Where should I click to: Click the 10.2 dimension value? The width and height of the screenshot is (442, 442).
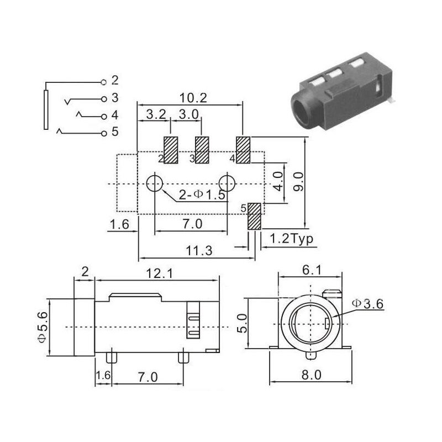193,98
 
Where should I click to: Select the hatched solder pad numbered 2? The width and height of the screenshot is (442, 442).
171,150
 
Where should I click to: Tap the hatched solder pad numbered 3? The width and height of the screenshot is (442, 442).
202,150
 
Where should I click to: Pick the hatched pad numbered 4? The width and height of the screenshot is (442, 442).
243,150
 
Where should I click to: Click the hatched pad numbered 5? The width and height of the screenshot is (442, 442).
254,216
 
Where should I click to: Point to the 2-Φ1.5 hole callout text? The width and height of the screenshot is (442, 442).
202,194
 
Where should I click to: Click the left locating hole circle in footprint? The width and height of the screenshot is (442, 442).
155,183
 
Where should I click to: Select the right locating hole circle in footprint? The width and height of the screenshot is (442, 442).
227,183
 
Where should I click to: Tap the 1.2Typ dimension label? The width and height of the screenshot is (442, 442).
292,239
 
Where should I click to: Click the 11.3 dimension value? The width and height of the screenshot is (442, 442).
199,251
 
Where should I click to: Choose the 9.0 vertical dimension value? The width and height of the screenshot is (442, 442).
298,182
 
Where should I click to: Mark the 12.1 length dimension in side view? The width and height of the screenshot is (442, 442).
160,273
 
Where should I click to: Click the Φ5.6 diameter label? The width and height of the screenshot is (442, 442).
43,327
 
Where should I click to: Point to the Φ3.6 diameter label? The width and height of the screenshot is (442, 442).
367,304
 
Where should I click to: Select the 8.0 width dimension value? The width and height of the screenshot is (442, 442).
311,375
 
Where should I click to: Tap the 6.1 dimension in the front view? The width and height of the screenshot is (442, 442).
312,270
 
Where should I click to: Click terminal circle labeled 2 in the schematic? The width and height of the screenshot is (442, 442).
104,82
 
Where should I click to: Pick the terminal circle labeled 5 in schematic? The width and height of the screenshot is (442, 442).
104,133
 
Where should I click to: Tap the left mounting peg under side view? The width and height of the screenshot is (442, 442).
112,357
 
